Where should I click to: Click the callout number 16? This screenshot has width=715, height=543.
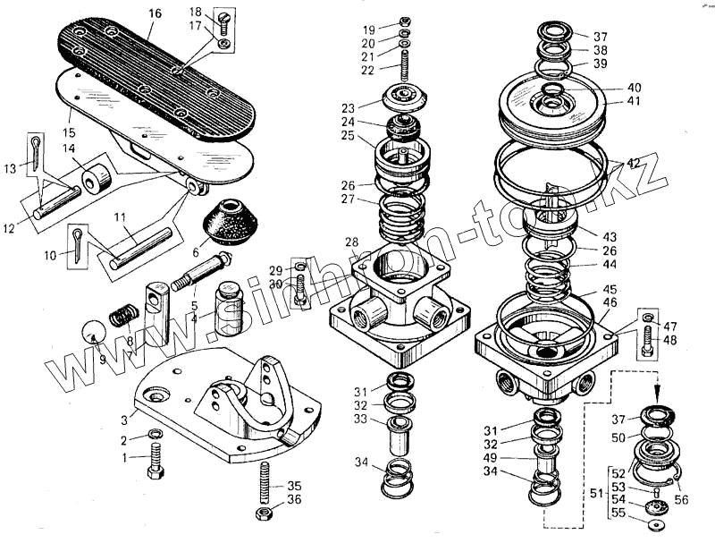tap(156, 13)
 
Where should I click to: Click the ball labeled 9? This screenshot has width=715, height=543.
tap(93, 335)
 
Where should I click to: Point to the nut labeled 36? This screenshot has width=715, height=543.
tap(265, 514)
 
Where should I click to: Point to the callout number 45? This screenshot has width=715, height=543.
tap(609, 290)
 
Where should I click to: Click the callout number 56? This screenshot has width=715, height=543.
tap(682, 501)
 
